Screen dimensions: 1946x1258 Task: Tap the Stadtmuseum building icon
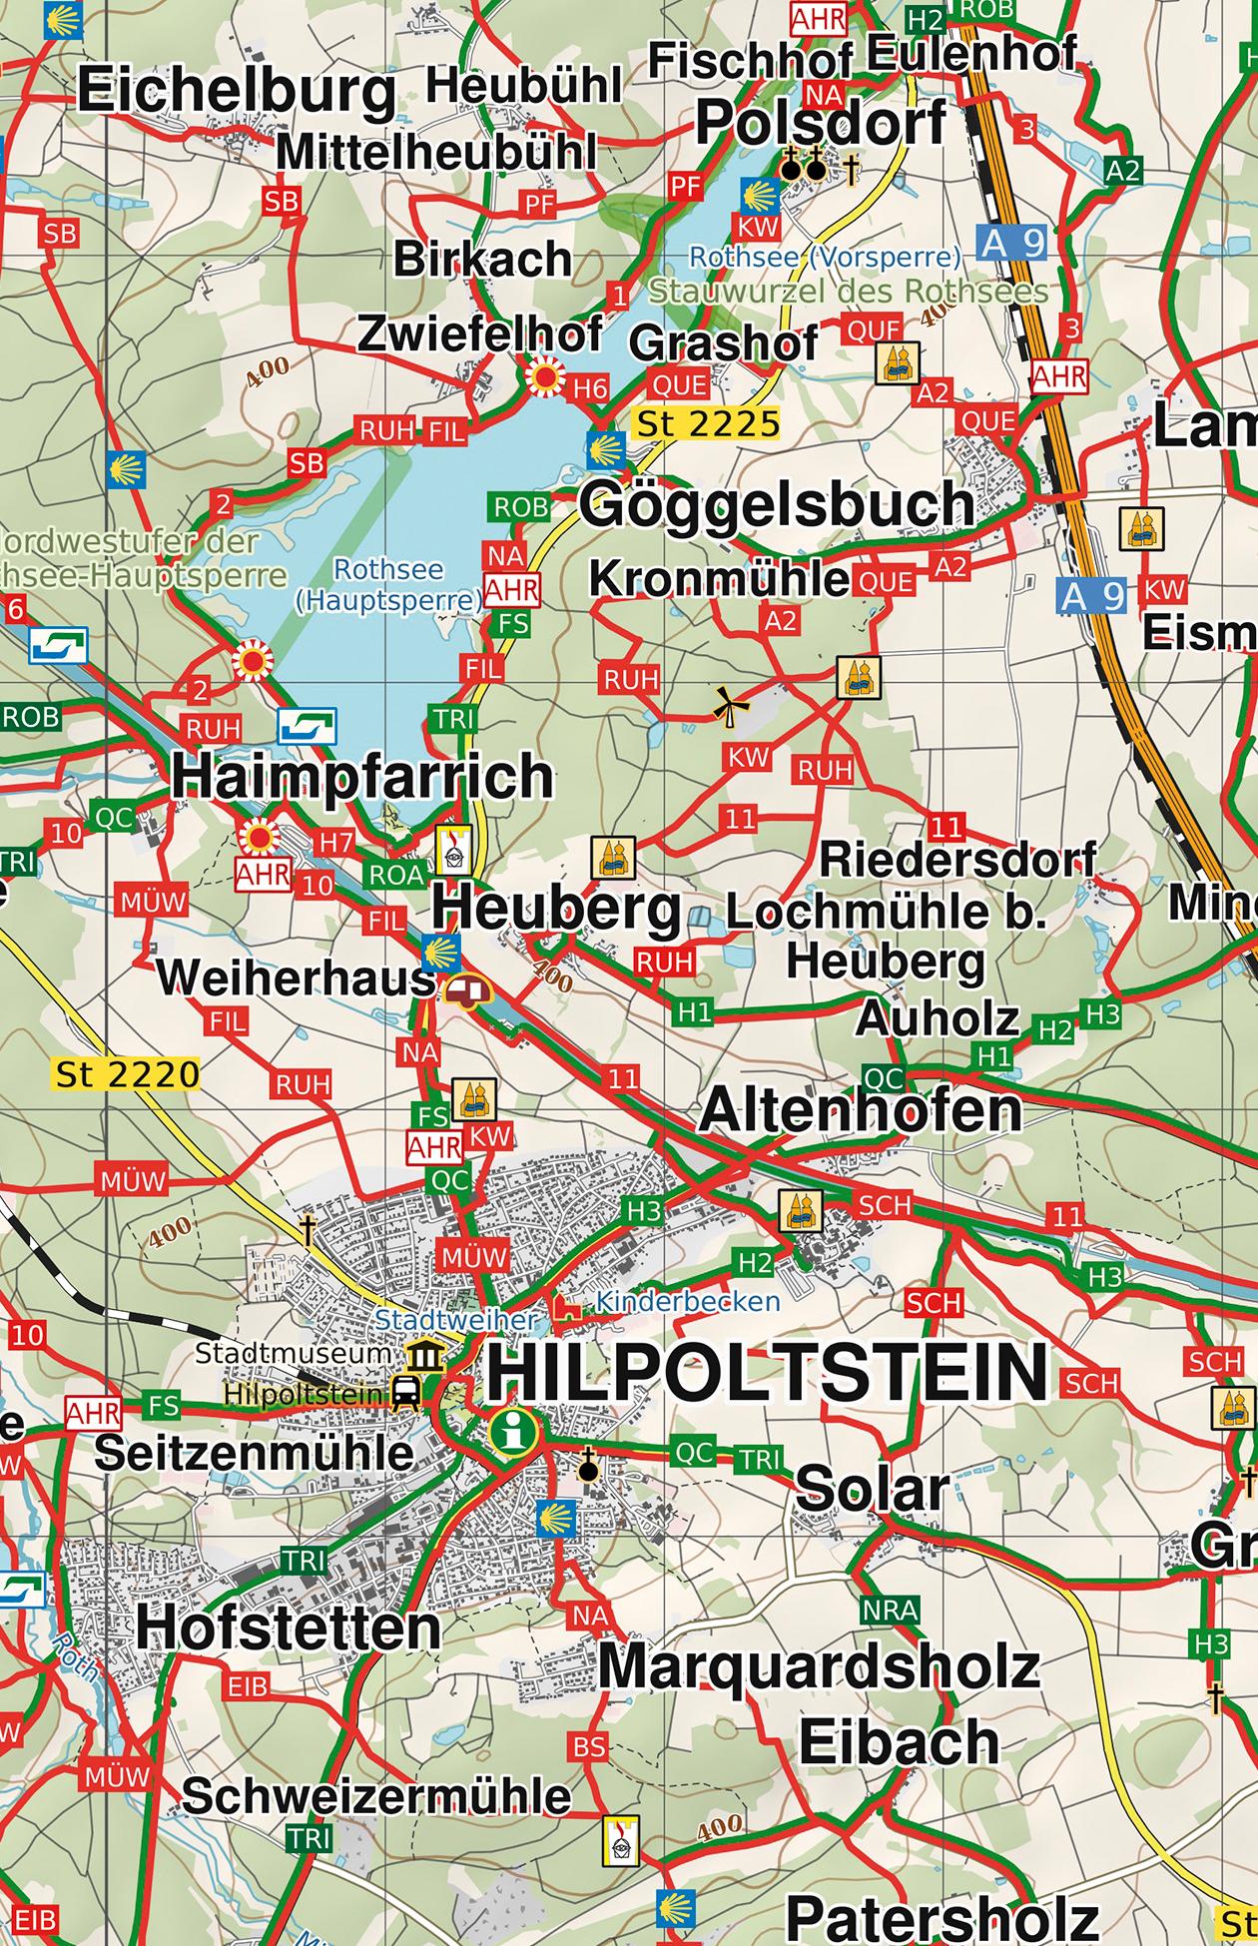(424, 1355)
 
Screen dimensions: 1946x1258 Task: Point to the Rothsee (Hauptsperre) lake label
(389, 584)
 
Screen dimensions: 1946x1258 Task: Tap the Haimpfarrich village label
(362, 777)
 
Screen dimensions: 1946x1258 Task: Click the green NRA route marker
(889, 1610)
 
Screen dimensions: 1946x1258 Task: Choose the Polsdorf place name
(821, 123)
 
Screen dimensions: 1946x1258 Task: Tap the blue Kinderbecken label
(687, 1302)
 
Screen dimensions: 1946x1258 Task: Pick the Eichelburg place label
(238, 92)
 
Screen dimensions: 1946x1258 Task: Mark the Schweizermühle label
(376, 1796)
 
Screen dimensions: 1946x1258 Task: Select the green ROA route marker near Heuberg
(396, 875)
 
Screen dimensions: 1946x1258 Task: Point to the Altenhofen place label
(861, 1110)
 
